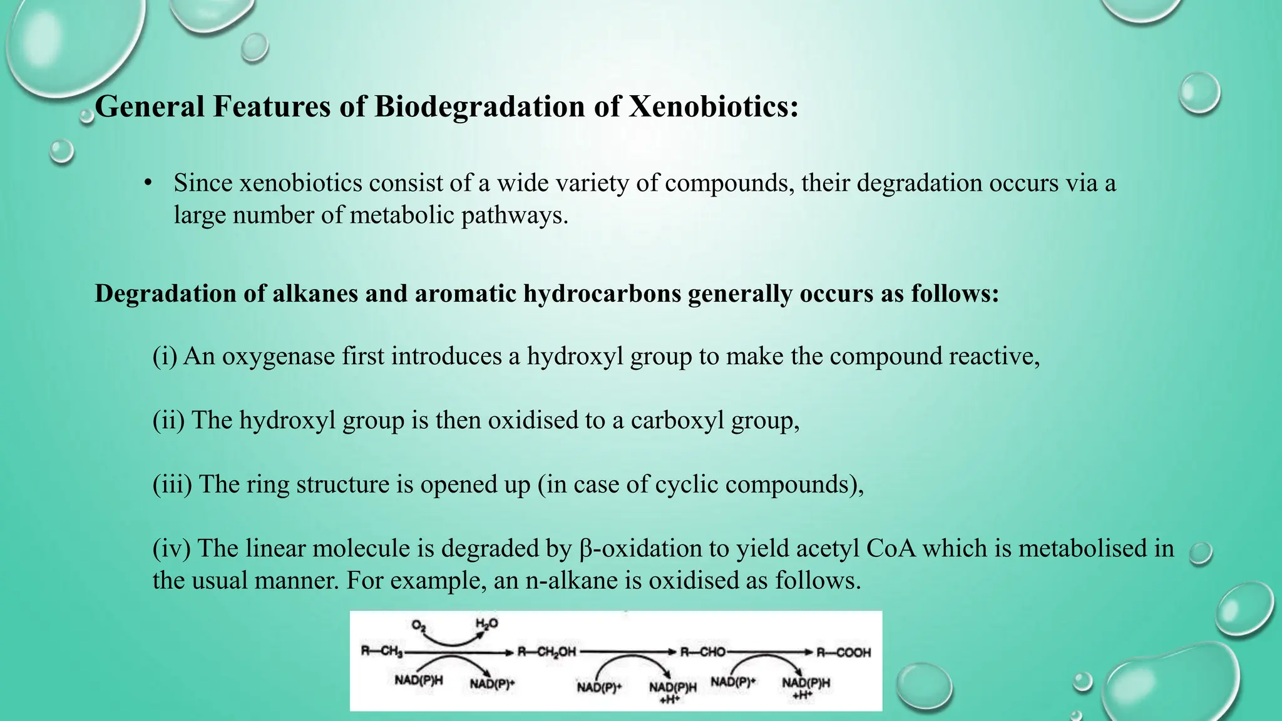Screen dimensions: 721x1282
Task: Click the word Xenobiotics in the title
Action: (x=714, y=106)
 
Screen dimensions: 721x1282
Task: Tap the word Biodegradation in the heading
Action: (x=479, y=106)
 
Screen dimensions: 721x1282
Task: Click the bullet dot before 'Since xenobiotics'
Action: (x=148, y=183)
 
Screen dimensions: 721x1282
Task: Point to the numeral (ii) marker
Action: (x=169, y=420)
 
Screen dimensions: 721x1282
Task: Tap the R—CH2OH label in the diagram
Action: (x=546, y=652)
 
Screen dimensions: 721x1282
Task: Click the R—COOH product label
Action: (x=844, y=652)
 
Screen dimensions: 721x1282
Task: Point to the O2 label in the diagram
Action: (x=419, y=625)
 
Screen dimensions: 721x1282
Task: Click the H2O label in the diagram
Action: (x=486, y=623)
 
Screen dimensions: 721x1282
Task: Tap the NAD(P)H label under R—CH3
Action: (x=418, y=680)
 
